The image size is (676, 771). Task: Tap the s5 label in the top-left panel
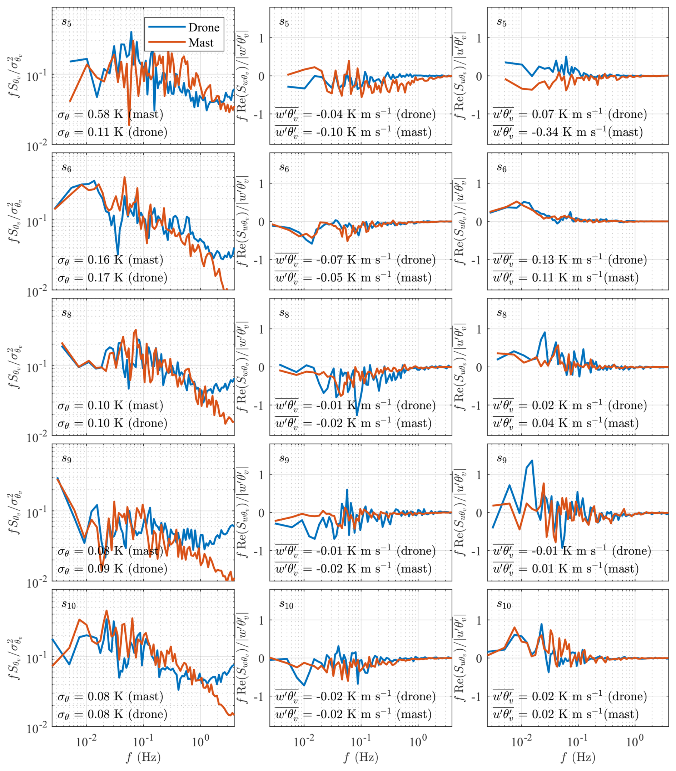67,22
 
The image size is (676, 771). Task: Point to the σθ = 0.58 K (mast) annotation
110,114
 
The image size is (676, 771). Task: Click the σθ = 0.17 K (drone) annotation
113,278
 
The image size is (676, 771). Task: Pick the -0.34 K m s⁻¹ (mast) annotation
568,132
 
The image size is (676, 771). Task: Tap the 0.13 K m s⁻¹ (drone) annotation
570,259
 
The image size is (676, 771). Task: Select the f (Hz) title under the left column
143,757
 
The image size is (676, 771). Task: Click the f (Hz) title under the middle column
361,757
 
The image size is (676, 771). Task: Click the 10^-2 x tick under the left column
86,742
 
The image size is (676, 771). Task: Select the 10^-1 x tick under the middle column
361,742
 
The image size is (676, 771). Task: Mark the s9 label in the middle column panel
284,459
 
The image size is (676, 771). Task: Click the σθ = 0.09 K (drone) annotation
113,569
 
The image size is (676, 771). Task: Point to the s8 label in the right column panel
502,313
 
